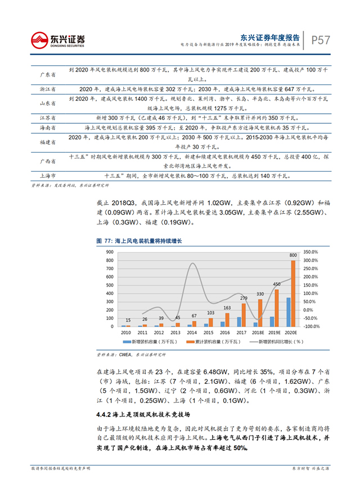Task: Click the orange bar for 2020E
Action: point(293,293)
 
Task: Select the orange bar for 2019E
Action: point(276,308)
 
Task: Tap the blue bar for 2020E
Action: point(288,312)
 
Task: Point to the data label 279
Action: point(244,298)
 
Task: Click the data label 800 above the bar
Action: point(293,255)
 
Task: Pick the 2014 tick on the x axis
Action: point(191,333)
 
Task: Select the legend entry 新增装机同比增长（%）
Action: point(269,342)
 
